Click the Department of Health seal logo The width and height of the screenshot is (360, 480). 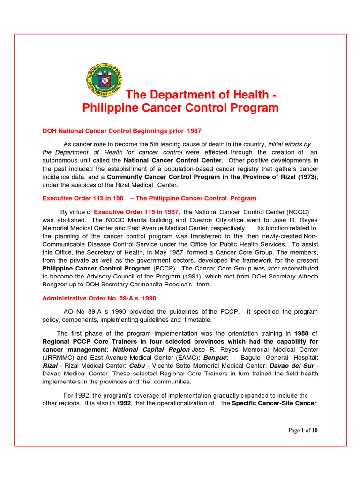(104, 79)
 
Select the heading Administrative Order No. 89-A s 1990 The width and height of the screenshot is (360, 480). (99, 298)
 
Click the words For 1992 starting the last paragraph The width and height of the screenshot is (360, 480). (77, 395)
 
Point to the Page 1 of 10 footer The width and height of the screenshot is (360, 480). (303, 431)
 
